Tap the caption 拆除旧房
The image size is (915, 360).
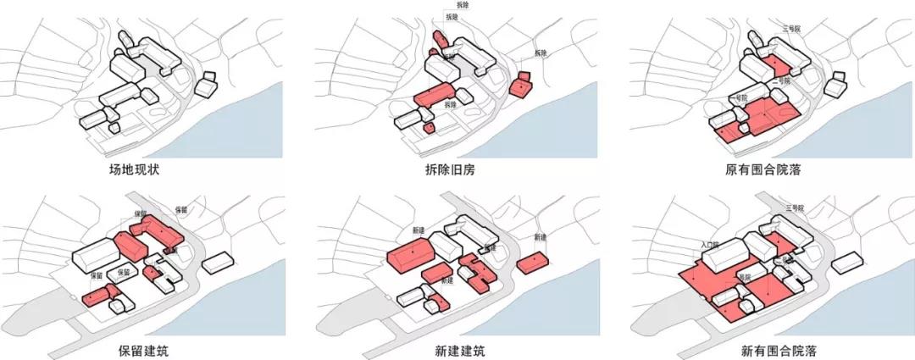[x=450, y=169]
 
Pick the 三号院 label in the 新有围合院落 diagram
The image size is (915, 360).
[x=794, y=208]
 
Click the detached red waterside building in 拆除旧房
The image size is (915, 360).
[x=520, y=86]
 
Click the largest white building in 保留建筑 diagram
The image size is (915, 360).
[x=96, y=254]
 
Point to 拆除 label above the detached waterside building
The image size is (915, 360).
[x=541, y=53]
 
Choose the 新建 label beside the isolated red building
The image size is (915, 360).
[x=540, y=237]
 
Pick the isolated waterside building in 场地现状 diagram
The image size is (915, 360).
[x=205, y=85]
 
